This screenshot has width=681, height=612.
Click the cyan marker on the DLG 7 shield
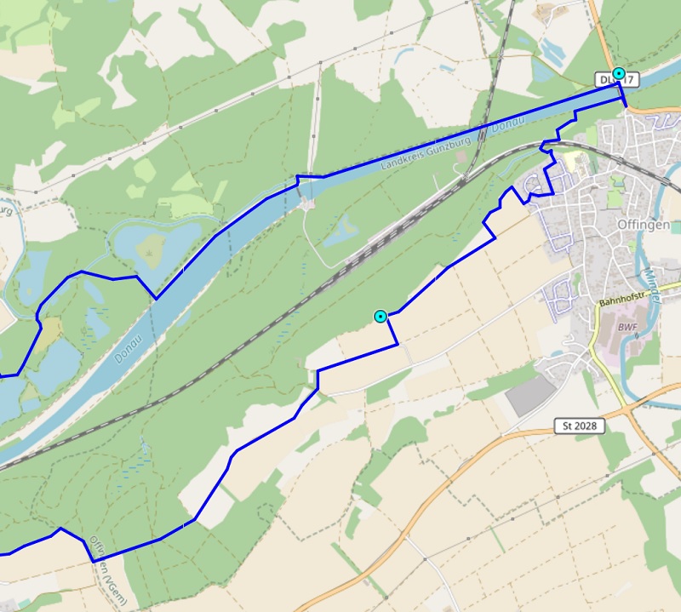(619, 74)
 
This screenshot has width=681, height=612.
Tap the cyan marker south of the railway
(381, 317)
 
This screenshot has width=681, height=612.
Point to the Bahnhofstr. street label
(630, 301)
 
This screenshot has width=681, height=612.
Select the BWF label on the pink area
(627, 326)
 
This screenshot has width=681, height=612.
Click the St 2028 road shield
(578, 425)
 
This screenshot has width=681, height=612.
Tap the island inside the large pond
(151, 247)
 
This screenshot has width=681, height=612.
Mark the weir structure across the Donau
(306, 200)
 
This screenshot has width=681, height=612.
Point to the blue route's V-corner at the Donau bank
(155, 299)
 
